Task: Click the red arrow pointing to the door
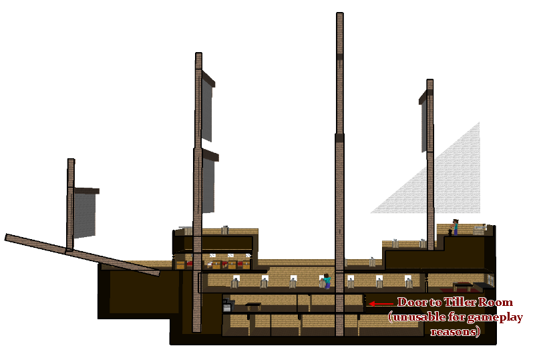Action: [x=380, y=303]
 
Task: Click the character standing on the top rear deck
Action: [x=456, y=227]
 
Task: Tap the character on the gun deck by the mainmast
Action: [x=326, y=281]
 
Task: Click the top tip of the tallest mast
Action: [x=339, y=15]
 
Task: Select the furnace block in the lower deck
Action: [x=228, y=307]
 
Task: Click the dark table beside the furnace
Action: [x=253, y=307]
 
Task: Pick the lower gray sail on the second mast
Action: [x=208, y=187]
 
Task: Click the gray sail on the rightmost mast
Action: [x=423, y=127]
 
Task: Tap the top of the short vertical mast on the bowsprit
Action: [x=71, y=161]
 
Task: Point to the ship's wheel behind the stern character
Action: [x=479, y=230]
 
